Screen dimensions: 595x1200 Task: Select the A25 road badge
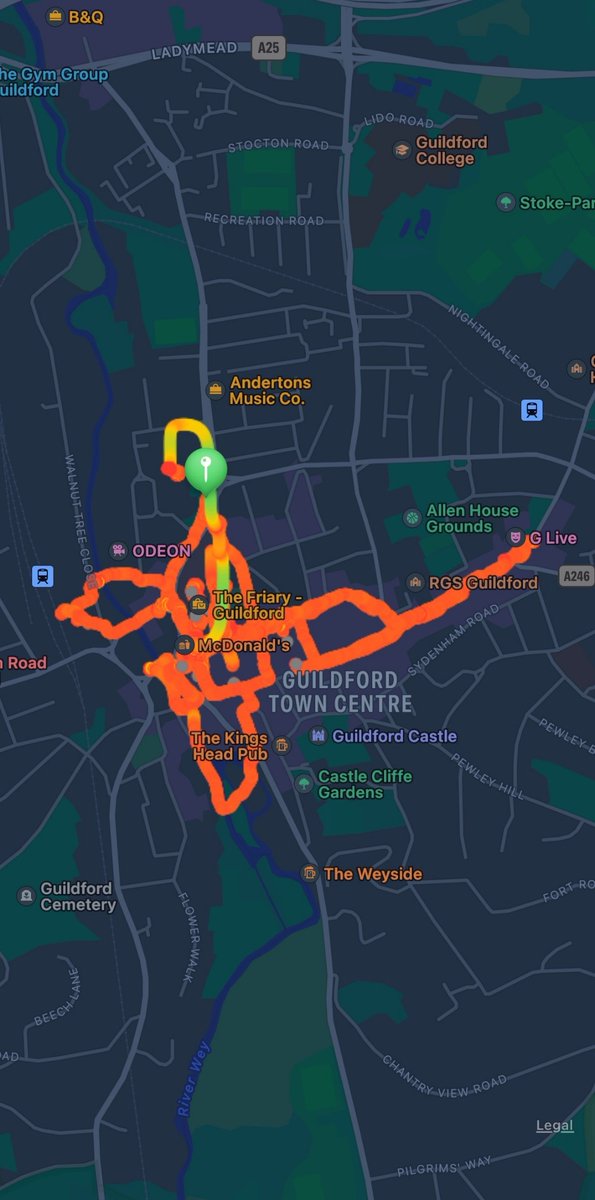(268, 46)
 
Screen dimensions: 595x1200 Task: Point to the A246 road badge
(576, 575)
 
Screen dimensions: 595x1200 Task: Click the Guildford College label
(451, 150)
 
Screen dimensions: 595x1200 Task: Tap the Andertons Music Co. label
(269, 390)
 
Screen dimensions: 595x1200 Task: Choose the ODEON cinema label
(160, 550)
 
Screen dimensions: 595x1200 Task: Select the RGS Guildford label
(482, 582)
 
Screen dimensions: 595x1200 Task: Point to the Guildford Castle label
(393, 736)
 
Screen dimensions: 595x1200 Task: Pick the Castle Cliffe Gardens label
(364, 784)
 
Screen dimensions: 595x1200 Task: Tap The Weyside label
(372, 874)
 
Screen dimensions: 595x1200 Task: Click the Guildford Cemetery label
(77, 896)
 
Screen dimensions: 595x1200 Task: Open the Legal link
(554, 1125)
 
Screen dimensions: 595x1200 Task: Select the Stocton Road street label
(278, 145)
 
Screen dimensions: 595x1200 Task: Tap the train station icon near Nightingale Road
(532, 410)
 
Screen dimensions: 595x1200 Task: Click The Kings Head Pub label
(230, 746)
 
